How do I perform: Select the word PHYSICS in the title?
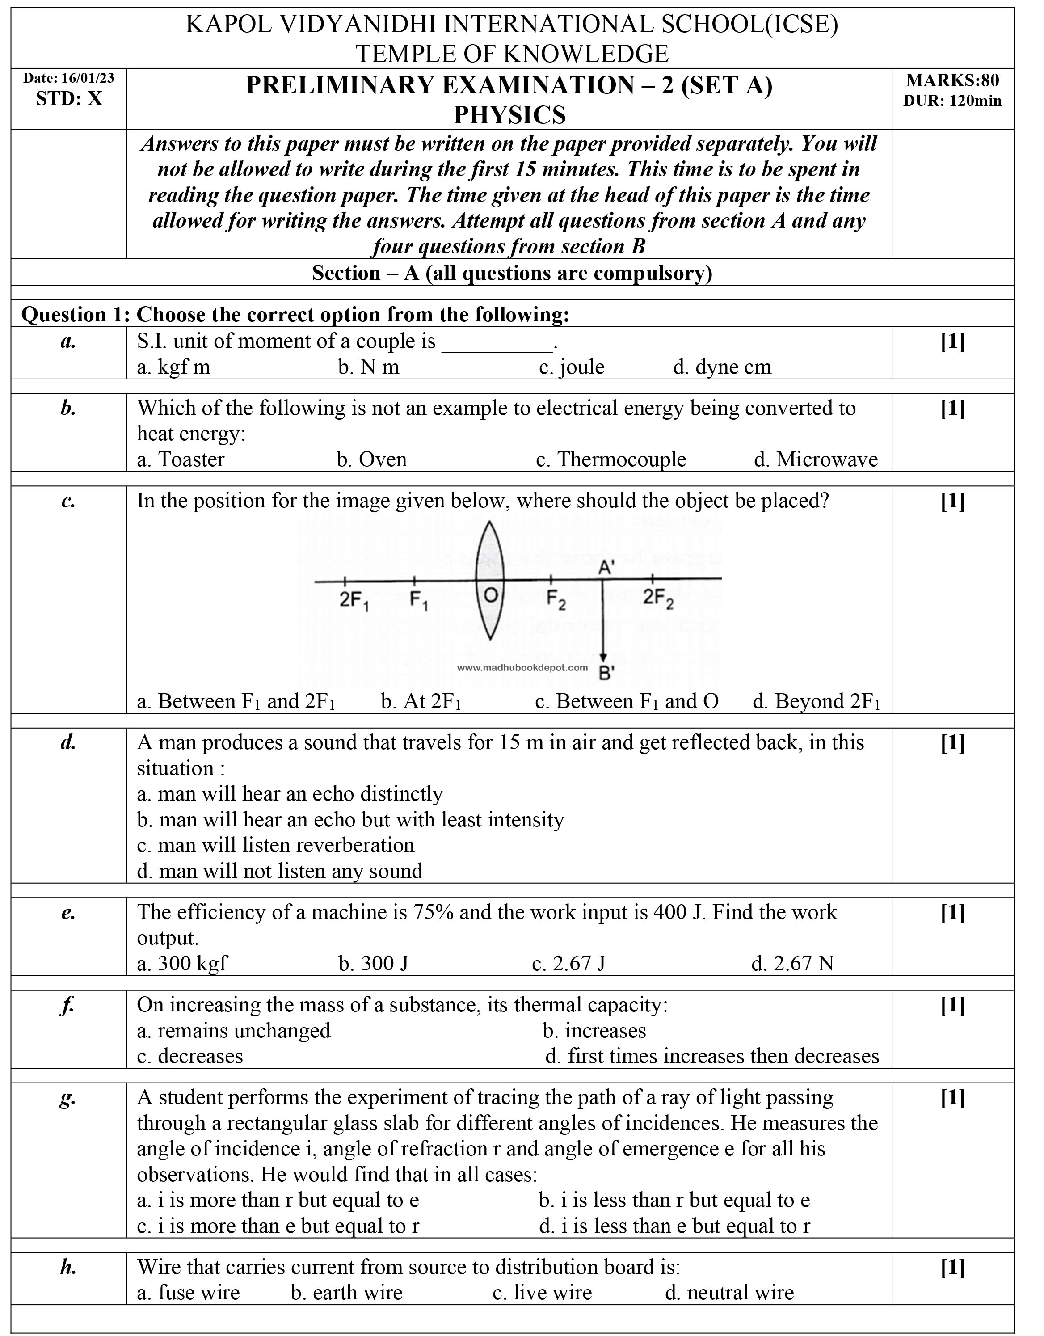[x=509, y=115]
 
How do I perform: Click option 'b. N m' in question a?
[x=368, y=367]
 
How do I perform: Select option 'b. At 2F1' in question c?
[x=421, y=701]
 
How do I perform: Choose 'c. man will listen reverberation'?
[x=275, y=845]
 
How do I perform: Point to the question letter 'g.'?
[x=68, y=1099]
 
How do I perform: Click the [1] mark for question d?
[x=952, y=743]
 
